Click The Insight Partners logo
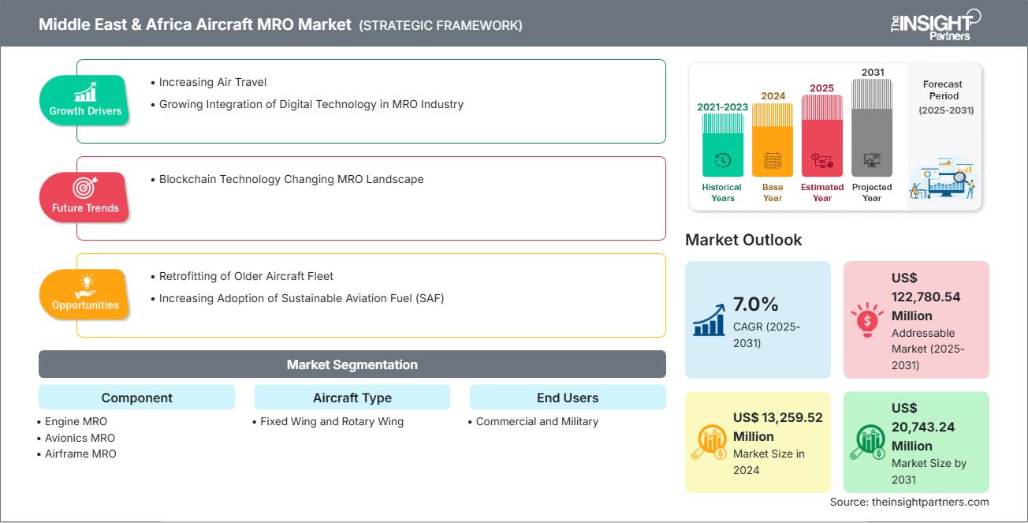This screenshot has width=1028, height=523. pyautogui.click(x=935, y=24)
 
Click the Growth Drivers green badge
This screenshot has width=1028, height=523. pyautogui.click(x=85, y=100)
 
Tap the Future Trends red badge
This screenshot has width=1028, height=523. pyautogui.click(x=84, y=197)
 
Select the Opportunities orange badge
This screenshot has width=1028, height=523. pyautogui.click(x=84, y=294)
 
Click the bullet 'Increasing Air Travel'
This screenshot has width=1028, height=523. pyautogui.click(x=212, y=82)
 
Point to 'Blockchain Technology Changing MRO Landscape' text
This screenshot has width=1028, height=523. pyautogui.click(x=291, y=179)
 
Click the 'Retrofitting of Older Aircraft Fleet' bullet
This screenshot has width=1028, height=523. pyautogui.click(x=246, y=276)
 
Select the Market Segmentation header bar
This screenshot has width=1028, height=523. pyautogui.click(x=352, y=364)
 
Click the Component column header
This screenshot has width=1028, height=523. pyautogui.click(x=136, y=398)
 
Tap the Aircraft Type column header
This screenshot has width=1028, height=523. pyautogui.click(x=352, y=398)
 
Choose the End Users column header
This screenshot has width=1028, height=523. pyautogui.click(x=567, y=398)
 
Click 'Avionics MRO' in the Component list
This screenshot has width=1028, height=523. pyautogui.click(x=80, y=438)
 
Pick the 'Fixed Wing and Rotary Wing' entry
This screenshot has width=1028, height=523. pyautogui.click(x=332, y=421)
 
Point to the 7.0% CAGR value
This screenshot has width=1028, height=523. pyautogui.click(x=756, y=304)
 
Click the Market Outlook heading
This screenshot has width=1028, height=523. pyautogui.click(x=743, y=240)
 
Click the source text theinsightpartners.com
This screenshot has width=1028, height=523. pyautogui.click(x=909, y=502)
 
